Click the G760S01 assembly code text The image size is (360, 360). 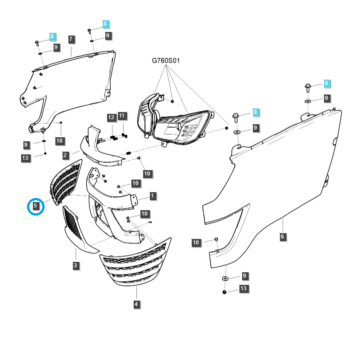point(166,60)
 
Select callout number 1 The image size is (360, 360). point(153,196)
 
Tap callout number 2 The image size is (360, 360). point(65,155)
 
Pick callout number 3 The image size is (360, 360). point(76,265)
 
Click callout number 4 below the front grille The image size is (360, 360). point(136,305)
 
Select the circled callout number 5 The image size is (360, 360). point(36,207)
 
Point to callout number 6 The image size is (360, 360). point(282,237)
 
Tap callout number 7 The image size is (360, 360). point(71,39)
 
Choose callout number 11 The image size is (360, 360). point(122,116)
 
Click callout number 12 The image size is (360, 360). point(111,117)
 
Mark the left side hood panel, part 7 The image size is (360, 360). point(72,85)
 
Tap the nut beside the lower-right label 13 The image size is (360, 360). point(224,292)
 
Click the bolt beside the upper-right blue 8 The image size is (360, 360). point(308,86)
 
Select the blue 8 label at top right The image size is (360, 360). point(327,84)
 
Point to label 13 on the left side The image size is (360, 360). point(26,157)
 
